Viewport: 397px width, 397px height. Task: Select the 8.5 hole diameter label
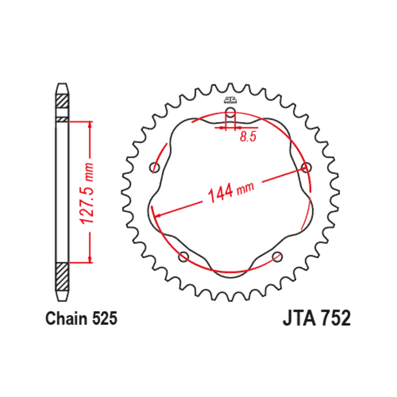coord(248,137)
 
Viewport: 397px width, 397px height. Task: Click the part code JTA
coord(299,318)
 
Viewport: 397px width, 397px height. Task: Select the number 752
coord(335,318)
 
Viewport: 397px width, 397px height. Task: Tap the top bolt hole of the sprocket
coord(230,112)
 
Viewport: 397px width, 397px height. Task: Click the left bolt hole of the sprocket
coord(154,168)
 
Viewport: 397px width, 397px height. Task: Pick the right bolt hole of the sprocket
coord(306,168)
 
